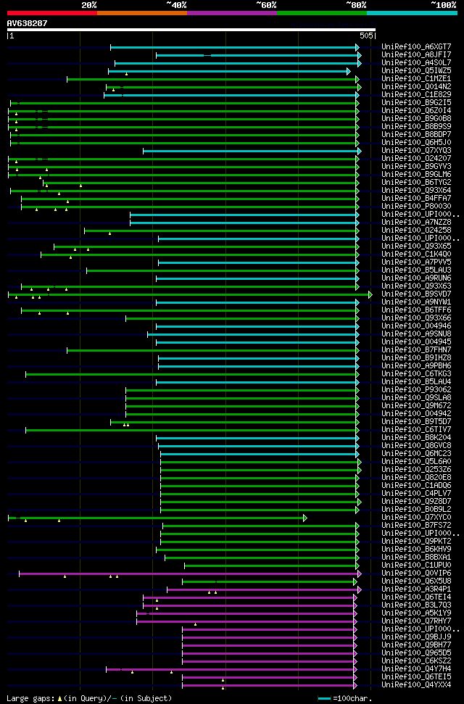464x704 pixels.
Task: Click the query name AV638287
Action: [x=28, y=23]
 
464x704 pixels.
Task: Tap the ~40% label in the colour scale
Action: [x=176, y=4]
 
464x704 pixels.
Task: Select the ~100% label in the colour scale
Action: [x=444, y=4]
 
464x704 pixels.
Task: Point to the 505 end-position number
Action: [x=366, y=35]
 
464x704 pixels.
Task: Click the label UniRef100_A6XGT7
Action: [x=416, y=46]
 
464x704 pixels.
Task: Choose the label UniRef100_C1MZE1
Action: [x=416, y=78]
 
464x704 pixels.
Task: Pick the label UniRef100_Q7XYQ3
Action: [x=416, y=150]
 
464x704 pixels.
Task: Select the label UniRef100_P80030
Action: [x=416, y=206]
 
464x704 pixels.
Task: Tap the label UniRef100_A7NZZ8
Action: [x=416, y=222]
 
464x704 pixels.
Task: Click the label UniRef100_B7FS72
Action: [x=416, y=525]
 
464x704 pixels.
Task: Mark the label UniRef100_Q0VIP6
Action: [x=416, y=573]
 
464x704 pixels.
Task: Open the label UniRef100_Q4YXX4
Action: [x=416, y=684]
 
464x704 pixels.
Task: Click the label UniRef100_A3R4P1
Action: [x=416, y=589]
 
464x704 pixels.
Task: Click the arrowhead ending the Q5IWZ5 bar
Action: [x=349, y=71]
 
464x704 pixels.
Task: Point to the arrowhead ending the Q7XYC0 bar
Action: [x=305, y=518]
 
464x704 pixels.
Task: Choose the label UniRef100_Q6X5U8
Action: [x=416, y=581]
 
